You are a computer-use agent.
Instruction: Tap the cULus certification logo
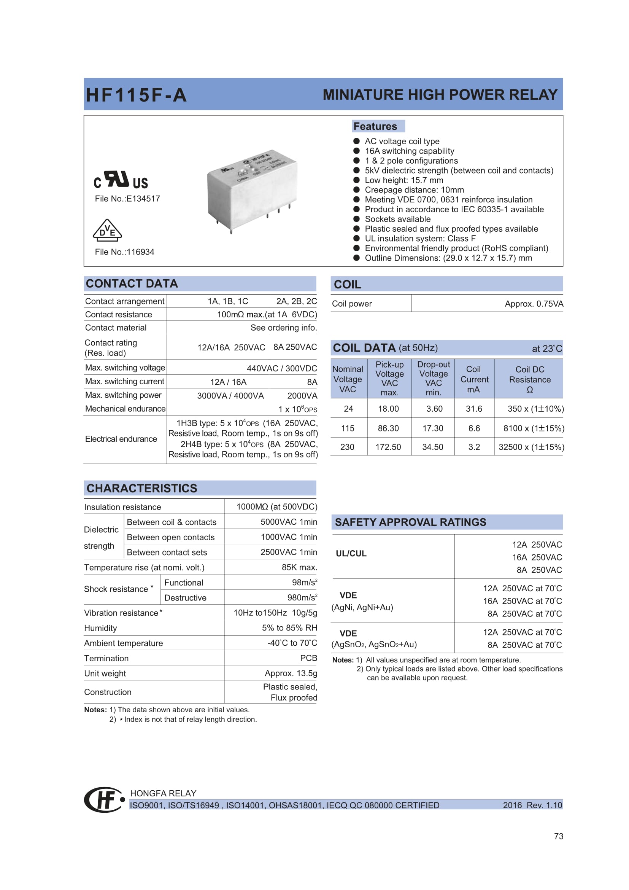(x=121, y=180)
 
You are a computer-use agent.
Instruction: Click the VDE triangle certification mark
(x=107, y=230)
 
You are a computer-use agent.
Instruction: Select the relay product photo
(x=252, y=189)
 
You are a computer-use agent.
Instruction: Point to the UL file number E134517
(x=127, y=199)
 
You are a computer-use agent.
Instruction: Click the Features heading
(x=375, y=126)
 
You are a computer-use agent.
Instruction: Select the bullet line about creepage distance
(x=414, y=190)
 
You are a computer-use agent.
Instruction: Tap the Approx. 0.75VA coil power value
(x=534, y=304)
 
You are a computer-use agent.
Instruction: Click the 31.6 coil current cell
(x=474, y=409)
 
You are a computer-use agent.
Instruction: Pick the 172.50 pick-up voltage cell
(x=388, y=447)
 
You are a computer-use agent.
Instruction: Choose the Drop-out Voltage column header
(x=434, y=378)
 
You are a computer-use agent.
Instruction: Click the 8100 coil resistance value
(x=533, y=428)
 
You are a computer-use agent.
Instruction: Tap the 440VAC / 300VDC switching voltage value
(x=281, y=369)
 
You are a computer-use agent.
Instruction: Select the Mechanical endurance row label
(x=125, y=409)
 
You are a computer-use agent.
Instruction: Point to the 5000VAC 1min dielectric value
(x=289, y=522)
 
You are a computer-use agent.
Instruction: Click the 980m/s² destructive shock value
(x=302, y=598)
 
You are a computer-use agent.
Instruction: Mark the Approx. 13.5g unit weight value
(x=291, y=674)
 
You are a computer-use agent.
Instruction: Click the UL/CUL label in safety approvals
(x=351, y=554)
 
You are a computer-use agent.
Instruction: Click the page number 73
(x=558, y=836)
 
